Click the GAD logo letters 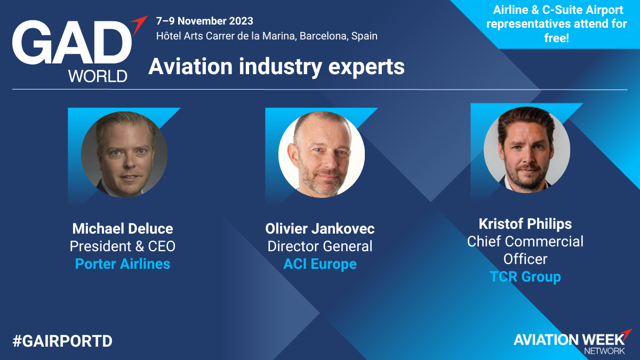click(x=72, y=42)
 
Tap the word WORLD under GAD click(x=98, y=76)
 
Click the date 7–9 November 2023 click(x=205, y=21)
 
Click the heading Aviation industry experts click(x=277, y=66)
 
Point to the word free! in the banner click(x=557, y=38)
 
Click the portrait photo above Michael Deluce click(x=124, y=154)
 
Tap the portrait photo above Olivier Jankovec click(x=322, y=154)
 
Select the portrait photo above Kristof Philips click(x=527, y=150)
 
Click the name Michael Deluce click(x=123, y=229)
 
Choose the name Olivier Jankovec click(x=319, y=229)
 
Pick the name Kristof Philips click(x=525, y=223)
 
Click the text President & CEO click(x=123, y=246)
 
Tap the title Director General click(x=319, y=246)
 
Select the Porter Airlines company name click(x=123, y=263)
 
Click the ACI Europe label click(x=319, y=263)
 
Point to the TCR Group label click(x=525, y=277)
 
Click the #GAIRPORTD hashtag click(x=62, y=341)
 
